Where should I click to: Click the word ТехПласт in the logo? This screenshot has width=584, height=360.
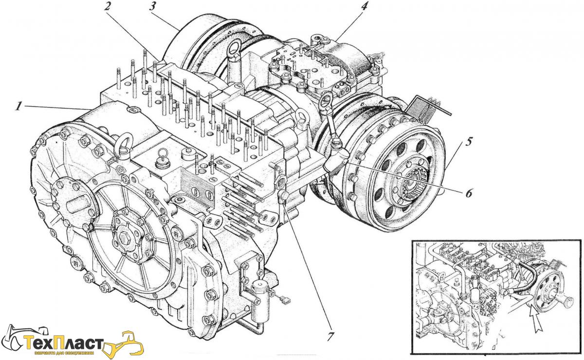pos(68,343)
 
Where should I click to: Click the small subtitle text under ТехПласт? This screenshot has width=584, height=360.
pos(68,353)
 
